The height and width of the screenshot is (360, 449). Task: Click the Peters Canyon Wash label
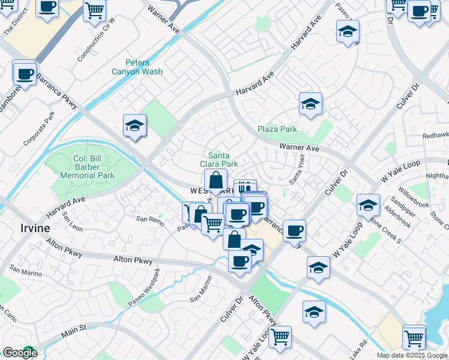(137, 67)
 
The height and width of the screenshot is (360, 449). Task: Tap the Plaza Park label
(277, 129)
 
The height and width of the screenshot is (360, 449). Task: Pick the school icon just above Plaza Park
(310, 104)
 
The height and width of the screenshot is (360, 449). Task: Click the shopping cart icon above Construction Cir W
(94, 10)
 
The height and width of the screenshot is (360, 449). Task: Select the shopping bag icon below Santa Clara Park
(215, 180)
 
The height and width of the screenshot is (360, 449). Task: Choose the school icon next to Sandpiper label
(368, 206)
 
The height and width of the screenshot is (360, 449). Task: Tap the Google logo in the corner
(20, 353)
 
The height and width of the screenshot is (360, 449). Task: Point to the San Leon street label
(73, 224)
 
